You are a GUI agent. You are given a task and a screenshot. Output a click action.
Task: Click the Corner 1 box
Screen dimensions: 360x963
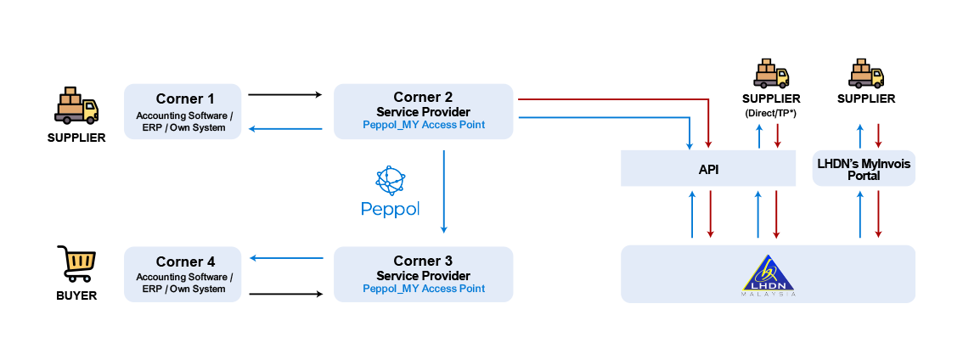pyautogui.click(x=183, y=111)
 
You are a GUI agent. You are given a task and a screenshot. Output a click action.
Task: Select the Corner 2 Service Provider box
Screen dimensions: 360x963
pyautogui.click(x=424, y=111)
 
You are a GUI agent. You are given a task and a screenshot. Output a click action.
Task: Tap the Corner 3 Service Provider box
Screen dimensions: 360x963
pyautogui.click(x=424, y=274)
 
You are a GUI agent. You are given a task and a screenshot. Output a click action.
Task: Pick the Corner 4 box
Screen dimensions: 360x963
pyautogui.click(x=183, y=274)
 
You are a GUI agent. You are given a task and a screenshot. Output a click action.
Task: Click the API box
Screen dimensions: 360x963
pyautogui.click(x=708, y=169)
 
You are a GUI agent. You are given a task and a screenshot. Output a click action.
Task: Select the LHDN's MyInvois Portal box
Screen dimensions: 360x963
pyautogui.click(x=864, y=169)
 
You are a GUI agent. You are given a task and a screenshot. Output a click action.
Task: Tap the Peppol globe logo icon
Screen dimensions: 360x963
pyautogui.click(x=391, y=181)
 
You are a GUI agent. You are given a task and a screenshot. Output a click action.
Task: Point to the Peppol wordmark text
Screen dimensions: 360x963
pyautogui.click(x=391, y=208)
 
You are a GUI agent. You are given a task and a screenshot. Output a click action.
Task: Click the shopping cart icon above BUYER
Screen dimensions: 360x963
pyautogui.click(x=76, y=263)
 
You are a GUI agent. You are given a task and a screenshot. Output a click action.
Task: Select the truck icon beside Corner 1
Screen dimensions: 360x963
pyautogui.click(x=76, y=106)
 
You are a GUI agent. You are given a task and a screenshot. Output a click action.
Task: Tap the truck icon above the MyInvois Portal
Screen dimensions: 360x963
pyautogui.click(x=866, y=74)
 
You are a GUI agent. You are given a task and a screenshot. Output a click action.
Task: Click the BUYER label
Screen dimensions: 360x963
pyautogui.click(x=76, y=296)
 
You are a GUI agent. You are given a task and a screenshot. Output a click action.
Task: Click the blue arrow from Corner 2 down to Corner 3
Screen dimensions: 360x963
pyautogui.click(x=443, y=191)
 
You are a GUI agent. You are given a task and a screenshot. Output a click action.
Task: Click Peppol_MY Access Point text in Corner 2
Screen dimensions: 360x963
pyautogui.click(x=424, y=125)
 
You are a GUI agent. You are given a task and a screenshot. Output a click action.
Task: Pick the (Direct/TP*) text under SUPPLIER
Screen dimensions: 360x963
pyautogui.click(x=771, y=113)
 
